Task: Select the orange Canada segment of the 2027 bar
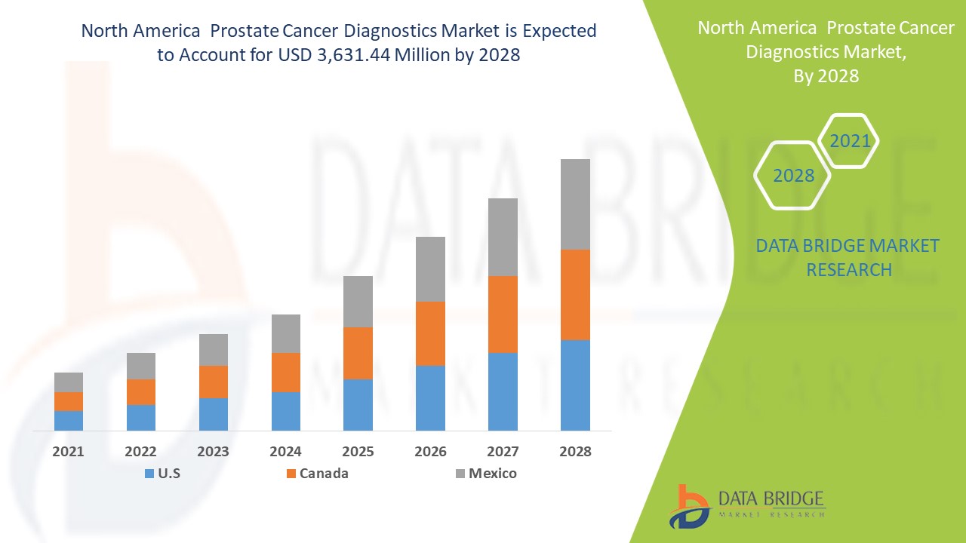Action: [x=503, y=314]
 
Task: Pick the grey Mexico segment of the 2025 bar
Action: [x=358, y=302]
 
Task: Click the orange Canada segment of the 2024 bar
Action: [x=285, y=373]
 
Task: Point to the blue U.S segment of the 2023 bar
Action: [x=214, y=414]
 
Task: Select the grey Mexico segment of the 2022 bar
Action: [x=141, y=366]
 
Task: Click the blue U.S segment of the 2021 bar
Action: [x=69, y=421]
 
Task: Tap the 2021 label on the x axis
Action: [x=69, y=452]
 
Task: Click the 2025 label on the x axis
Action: [x=358, y=452]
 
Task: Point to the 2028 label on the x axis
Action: [x=575, y=452]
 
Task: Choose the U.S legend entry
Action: [x=162, y=474]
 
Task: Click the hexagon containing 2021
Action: [x=849, y=141]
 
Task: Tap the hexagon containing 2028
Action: [x=793, y=176]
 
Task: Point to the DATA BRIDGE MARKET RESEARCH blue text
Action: [x=848, y=257]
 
